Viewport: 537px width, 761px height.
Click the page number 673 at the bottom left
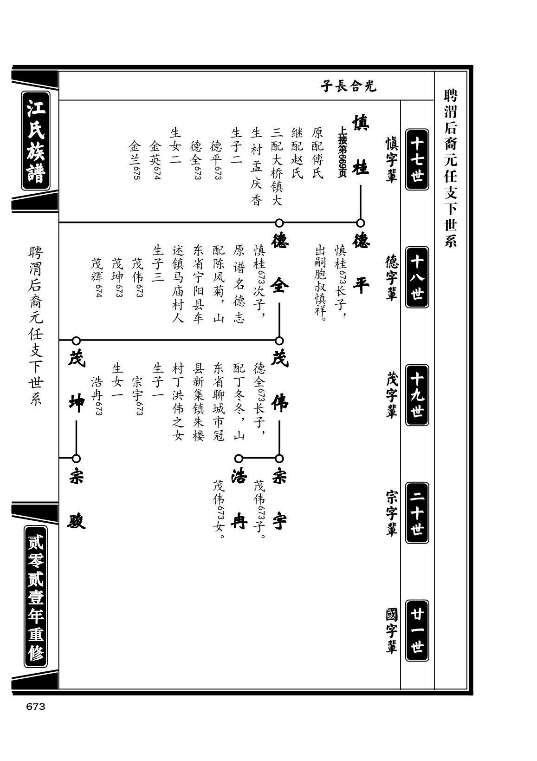[36, 707]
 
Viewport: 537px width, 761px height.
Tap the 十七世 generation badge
[417, 159]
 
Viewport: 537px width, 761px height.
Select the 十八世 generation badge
[417, 277]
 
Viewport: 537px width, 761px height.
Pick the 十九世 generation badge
[417, 395]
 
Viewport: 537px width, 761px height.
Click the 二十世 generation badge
[417, 512]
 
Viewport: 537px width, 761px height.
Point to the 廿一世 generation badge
[417, 630]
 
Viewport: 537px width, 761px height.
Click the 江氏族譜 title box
[36, 141]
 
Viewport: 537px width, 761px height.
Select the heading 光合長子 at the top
[349, 86]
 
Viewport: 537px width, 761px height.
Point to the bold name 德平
[361, 263]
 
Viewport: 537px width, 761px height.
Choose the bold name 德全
[279, 263]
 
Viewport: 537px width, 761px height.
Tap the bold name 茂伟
[280, 381]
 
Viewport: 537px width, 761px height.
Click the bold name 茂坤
[77, 381]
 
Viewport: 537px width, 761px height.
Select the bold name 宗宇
[280, 499]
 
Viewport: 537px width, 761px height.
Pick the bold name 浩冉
[239, 499]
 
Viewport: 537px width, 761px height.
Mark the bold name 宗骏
[77, 499]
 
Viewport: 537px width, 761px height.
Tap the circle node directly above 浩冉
[239, 459]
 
